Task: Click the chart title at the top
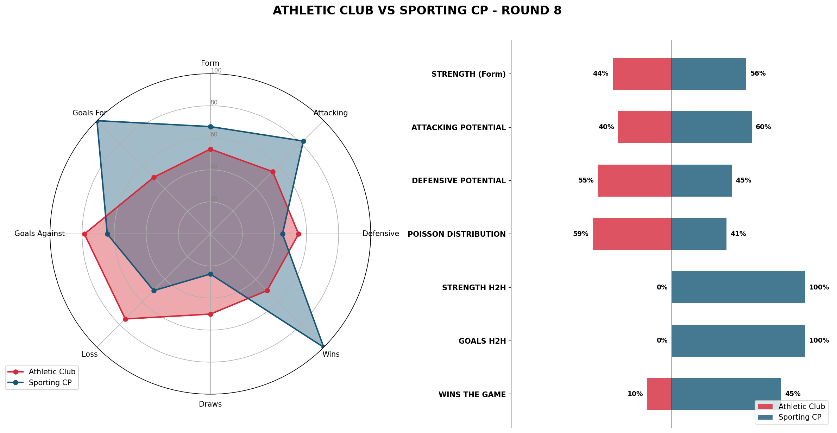coord(417,11)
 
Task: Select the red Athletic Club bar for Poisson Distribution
coord(632,234)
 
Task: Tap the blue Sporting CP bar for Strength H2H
coord(738,287)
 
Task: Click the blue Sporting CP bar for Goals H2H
coord(738,340)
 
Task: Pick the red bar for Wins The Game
coord(659,394)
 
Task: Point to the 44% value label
coord(600,74)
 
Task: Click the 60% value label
coord(763,127)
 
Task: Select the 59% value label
coord(580,234)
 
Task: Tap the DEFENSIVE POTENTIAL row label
coord(459,181)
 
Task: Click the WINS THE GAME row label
coord(472,395)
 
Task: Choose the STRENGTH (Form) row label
coord(468,74)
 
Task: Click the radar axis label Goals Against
coord(39,234)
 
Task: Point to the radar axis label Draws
coord(210,404)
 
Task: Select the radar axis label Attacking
coord(331,113)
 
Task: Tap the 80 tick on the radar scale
coord(214,102)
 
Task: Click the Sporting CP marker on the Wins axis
coord(323,347)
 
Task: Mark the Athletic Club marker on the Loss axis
coord(125,319)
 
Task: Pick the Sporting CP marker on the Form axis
coord(210,127)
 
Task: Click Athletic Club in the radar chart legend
coord(52,372)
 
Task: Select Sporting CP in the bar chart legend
coord(800,417)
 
